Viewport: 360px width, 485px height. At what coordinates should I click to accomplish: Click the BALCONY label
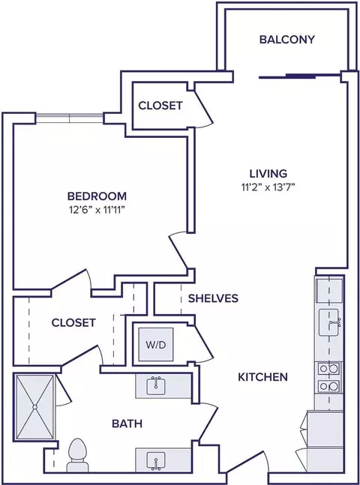pyautogui.click(x=286, y=40)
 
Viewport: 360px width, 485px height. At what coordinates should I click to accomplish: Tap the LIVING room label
pyautogui.click(x=268, y=173)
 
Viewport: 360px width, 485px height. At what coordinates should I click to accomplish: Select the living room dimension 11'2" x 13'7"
pyautogui.click(x=268, y=187)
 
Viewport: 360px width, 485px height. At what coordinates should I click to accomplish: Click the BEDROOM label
pyautogui.click(x=97, y=196)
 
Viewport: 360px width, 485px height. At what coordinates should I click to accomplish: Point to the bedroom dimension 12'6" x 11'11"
pyautogui.click(x=97, y=210)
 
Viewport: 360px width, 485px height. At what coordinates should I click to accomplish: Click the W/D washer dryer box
pyautogui.click(x=156, y=344)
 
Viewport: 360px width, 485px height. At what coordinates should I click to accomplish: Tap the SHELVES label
pyautogui.click(x=213, y=298)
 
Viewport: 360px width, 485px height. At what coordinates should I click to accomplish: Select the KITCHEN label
pyautogui.click(x=262, y=377)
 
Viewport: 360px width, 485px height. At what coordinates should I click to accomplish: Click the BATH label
pyautogui.click(x=127, y=424)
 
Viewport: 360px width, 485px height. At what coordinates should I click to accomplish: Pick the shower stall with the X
pyautogui.click(x=34, y=407)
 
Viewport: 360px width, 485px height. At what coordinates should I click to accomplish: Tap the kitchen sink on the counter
pyautogui.click(x=330, y=322)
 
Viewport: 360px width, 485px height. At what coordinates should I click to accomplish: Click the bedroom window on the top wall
pyautogui.click(x=69, y=118)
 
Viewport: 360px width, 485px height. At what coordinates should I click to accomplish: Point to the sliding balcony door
pyautogui.click(x=299, y=76)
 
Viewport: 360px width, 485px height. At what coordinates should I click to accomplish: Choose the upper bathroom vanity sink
pyautogui.click(x=156, y=386)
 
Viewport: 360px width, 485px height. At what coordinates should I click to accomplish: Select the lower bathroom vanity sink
pyautogui.click(x=156, y=461)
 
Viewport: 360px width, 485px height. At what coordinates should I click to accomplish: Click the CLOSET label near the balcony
pyautogui.click(x=160, y=106)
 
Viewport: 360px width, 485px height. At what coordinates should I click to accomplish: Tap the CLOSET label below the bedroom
pyautogui.click(x=73, y=322)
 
